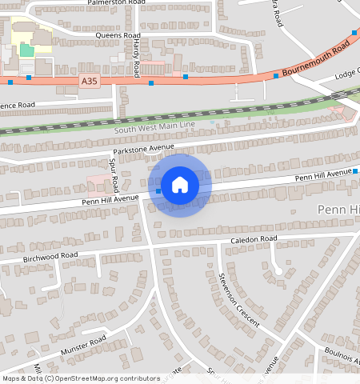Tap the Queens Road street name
tap(118, 36)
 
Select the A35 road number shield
tap(89, 81)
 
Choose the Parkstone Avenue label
tap(143, 150)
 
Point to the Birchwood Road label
tap(50, 256)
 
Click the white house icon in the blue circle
tap(180, 185)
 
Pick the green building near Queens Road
tap(27, 50)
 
